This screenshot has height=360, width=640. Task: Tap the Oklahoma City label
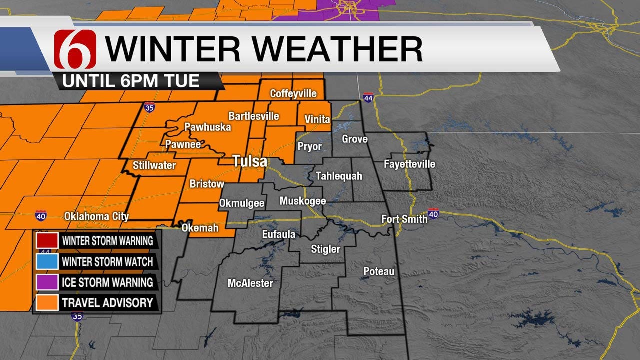(96, 217)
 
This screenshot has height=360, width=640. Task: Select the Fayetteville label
(409, 164)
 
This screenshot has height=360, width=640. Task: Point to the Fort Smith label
(404, 219)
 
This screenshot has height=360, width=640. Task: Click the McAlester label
(250, 283)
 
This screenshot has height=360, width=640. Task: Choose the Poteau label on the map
(379, 271)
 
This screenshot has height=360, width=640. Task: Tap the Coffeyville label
(294, 94)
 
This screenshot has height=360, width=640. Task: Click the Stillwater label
(154, 165)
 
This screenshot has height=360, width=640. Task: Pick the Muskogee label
(303, 201)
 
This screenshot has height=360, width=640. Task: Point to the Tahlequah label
(339, 176)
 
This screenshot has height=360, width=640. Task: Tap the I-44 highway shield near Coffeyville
(368, 97)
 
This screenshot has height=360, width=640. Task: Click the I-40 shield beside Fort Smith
(433, 214)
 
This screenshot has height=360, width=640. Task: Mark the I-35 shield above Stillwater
(149, 107)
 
